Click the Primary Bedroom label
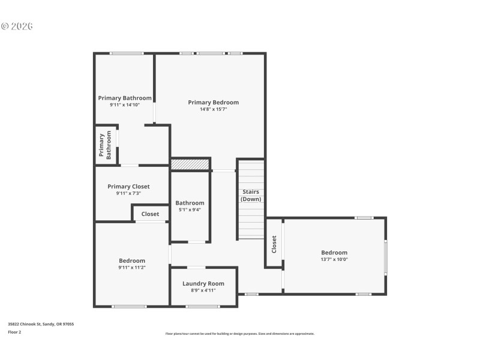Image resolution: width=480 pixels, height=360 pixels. point(213,102)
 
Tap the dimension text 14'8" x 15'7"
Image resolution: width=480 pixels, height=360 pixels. point(213,109)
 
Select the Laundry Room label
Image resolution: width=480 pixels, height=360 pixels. point(203,283)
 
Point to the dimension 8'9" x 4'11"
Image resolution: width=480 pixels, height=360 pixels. point(203,290)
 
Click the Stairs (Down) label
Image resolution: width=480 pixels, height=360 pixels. point(251,196)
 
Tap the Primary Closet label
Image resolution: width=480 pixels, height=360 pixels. point(128,187)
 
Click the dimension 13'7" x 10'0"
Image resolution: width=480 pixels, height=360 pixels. point(334,259)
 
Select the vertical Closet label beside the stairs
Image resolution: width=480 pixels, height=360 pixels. point(274,244)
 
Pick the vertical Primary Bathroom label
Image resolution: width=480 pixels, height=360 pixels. point(105,145)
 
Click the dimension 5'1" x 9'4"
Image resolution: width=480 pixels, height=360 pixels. point(190,210)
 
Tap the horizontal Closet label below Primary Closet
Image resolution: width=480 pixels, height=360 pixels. point(150,214)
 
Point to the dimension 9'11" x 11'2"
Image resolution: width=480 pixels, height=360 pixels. point(131,268)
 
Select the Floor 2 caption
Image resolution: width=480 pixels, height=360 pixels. point(14,332)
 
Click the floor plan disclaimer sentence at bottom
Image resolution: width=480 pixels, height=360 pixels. point(239,334)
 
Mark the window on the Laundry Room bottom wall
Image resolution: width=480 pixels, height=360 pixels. point(202,307)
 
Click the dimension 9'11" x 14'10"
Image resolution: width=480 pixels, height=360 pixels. point(125,105)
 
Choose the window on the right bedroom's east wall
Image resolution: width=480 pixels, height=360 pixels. point(386,256)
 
